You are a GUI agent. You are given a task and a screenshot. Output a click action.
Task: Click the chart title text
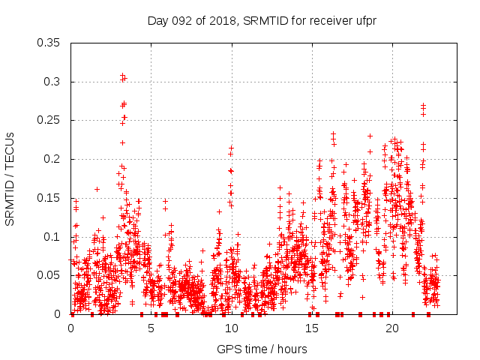coord(262,22)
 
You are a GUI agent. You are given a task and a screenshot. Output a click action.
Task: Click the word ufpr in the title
coord(364,22)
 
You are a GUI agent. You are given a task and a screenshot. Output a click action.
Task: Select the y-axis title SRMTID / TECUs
coord(10,178)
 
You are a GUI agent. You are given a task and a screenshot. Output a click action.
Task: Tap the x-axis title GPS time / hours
coord(262,349)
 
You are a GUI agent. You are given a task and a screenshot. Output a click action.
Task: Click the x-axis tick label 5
coord(151,328)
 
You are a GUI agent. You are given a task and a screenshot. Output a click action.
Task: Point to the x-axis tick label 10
coord(231,328)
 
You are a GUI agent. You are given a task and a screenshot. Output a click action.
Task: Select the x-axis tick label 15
coord(311,328)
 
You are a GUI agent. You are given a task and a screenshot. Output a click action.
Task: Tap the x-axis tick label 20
coord(391,328)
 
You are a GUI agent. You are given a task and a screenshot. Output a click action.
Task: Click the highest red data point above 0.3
coord(122,76)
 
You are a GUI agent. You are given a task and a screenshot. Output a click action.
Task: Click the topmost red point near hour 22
coord(423,106)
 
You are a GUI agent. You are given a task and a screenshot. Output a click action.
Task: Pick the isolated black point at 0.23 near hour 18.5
coord(370,136)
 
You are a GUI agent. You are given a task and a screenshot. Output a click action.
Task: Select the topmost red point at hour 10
coord(231,148)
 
